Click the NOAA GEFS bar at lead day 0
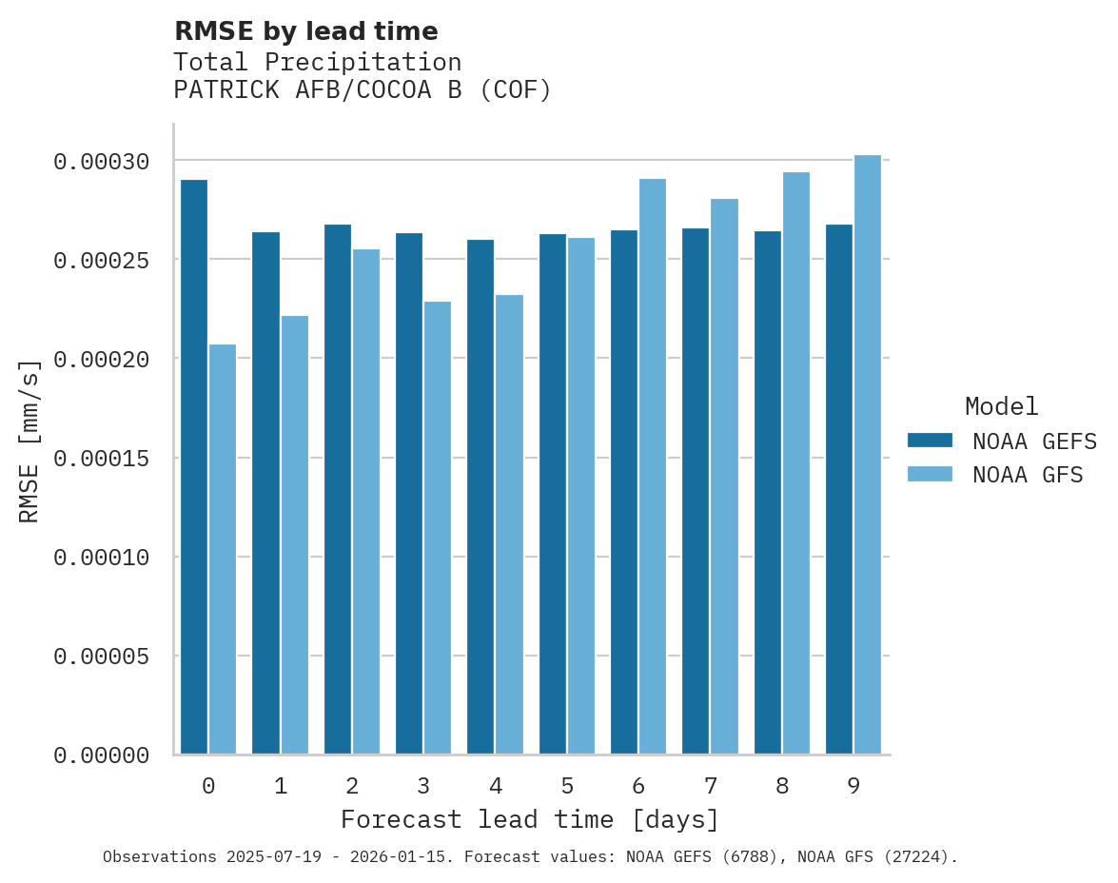click(x=193, y=466)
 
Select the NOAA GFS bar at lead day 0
click(x=223, y=549)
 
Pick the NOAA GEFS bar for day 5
click(x=552, y=494)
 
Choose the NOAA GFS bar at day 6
click(x=653, y=466)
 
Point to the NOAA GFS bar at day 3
click(x=438, y=528)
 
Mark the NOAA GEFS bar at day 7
click(x=696, y=491)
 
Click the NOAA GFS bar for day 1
click(x=294, y=535)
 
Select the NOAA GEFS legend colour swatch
click(x=931, y=440)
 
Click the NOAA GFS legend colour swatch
click(x=931, y=474)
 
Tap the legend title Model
click(x=1001, y=406)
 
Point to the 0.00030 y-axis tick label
click(x=102, y=162)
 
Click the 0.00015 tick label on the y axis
click(x=102, y=459)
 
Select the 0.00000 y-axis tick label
click(x=102, y=755)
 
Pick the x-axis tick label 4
click(x=496, y=787)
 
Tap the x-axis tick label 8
click(x=782, y=787)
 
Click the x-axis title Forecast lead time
click(x=530, y=819)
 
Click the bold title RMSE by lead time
click(x=305, y=31)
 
